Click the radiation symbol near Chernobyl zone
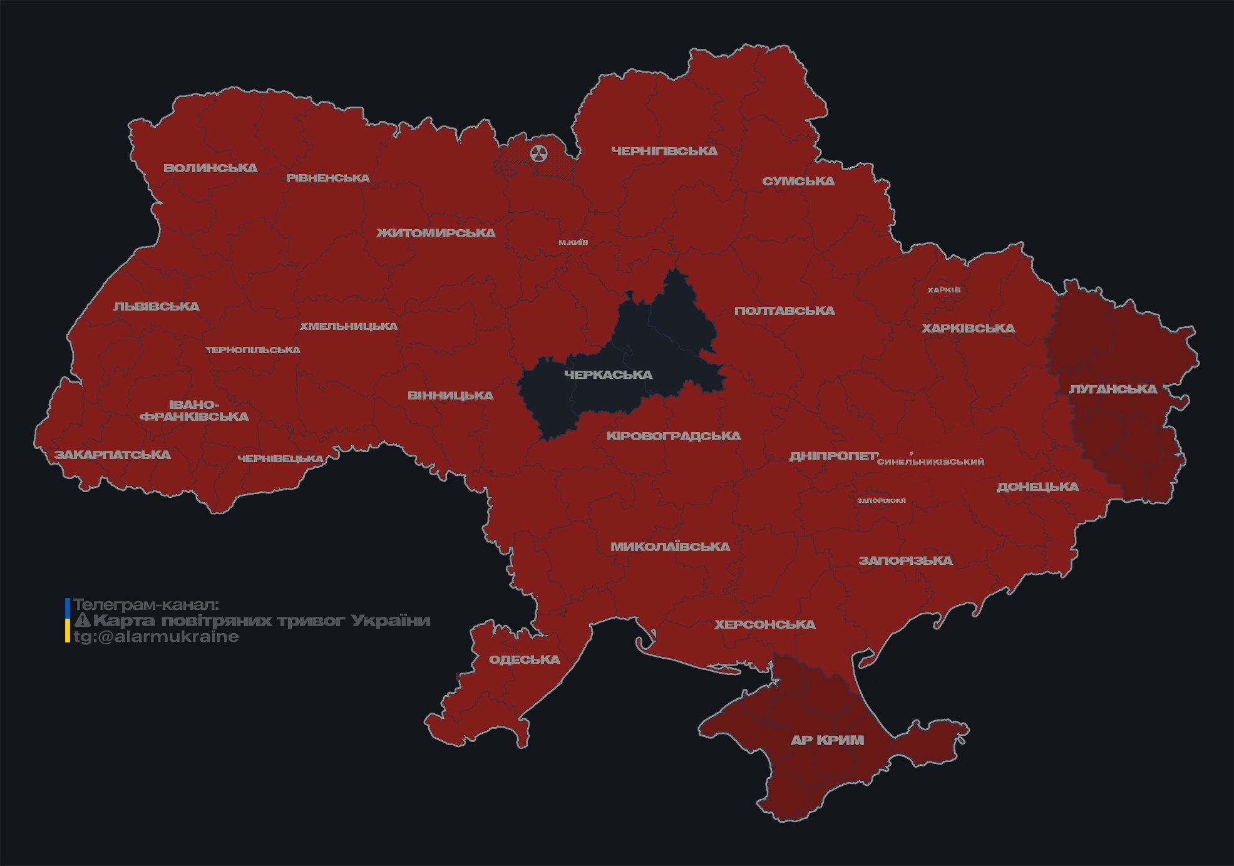pyautogui.click(x=538, y=153)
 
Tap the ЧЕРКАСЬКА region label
pyautogui.click(x=608, y=374)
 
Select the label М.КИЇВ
pyautogui.click(x=573, y=242)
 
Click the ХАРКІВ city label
pyautogui.click(x=943, y=290)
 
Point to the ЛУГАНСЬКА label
pyautogui.click(x=1113, y=389)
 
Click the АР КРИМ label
pyautogui.click(x=827, y=740)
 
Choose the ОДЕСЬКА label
pyautogui.click(x=524, y=659)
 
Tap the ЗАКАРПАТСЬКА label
pyautogui.click(x=112, y=455)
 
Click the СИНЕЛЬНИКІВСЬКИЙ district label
pyautogui.click(x=930, y=461)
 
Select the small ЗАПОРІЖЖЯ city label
pyautogui.click(x=881, y=500)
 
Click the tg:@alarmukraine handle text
pyautogui.click(x=156, y=637)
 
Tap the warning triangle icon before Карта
pyautogui.click(x=82, y=621)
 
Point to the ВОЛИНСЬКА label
pyautogui.click(x=210, y=168)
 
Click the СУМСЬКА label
pyautogui.click(x=798, y=181)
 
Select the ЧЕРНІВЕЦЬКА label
pyautogui.click(x=280, y=459)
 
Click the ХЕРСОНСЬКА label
pyautogui.click(x=764, y=624)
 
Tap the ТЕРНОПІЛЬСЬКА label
pyautogui.click(x=253, y=350)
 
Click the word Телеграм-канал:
pyautogui.click(x=146, y=605)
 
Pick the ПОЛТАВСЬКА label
pyautogui.click(x=784, y=311)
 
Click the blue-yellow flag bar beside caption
pyautogui.click(x=68, y=620)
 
